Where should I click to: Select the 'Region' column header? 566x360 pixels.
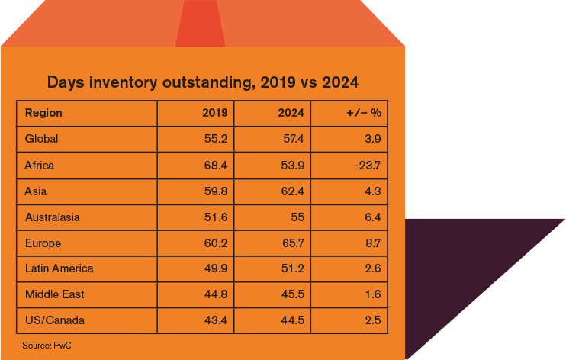(x=43, y=113)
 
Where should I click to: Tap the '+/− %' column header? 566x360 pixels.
(x=363, y=113)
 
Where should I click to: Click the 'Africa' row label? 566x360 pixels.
(x=40, y=165)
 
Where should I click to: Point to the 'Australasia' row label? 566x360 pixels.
(x=52, y=217)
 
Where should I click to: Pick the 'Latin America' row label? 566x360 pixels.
(x=59, y=268)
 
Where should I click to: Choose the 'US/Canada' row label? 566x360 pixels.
(x=55, y=320)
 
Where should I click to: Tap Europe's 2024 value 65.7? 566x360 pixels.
(x=292, y=243)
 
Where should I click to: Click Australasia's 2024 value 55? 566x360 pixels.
(x=297, y=217)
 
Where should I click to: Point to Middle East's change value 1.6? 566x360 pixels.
(x=371, y=294)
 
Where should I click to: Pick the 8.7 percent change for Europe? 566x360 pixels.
(x=371, y=243)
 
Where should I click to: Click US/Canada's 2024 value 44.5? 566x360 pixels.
(x=292, y=320)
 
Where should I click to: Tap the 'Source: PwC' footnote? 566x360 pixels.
(x=47, y=346)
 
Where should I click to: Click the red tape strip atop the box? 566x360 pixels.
(x=201, y=23)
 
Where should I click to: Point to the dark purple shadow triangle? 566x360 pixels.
(x=473, y=275)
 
